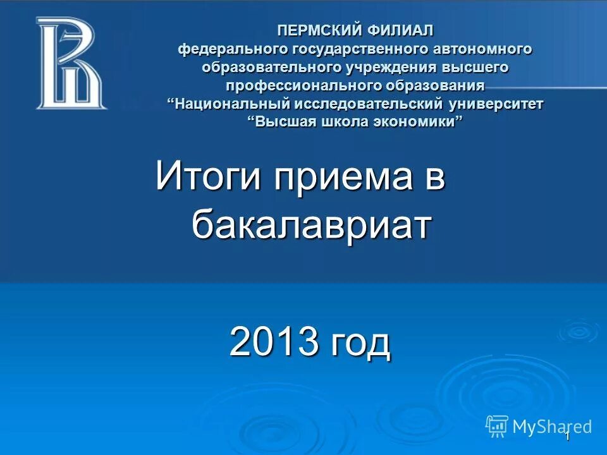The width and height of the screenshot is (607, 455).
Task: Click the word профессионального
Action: pyautogui.click(x=300, y=85)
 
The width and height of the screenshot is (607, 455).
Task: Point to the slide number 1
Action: pyautogui.click(x=568, y=436)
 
